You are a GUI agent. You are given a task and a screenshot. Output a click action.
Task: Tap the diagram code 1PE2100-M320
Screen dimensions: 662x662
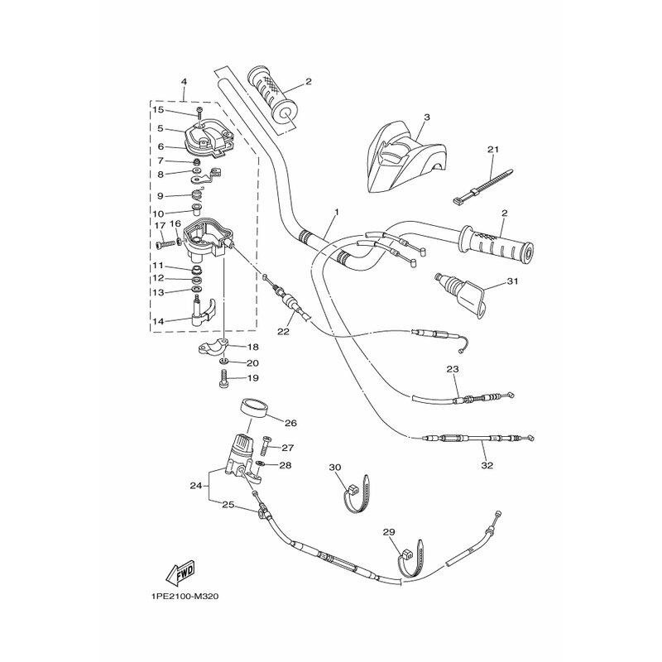(185, 597)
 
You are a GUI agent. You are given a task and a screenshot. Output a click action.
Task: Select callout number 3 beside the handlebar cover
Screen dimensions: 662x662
(426, 117)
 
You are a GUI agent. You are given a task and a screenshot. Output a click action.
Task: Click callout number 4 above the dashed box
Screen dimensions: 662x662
(184, 81)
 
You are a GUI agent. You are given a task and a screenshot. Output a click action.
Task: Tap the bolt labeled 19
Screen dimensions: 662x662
(223, 377)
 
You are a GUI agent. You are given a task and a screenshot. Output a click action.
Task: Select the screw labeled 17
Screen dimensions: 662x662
(168, 243)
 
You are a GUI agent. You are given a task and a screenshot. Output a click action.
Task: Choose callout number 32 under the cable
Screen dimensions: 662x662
(487, 465)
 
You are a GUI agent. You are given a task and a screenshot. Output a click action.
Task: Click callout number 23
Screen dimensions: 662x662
(452, 369)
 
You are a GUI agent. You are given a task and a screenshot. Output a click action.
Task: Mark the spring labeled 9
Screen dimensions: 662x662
(196, 195)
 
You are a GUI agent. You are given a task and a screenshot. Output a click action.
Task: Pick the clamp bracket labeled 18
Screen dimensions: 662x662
(213, 347)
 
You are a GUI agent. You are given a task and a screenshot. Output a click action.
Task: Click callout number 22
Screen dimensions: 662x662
(283, 332)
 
